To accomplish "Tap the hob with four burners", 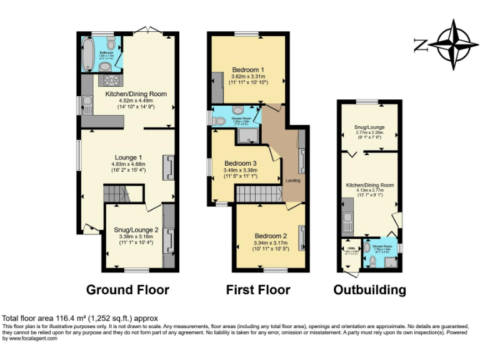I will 112,80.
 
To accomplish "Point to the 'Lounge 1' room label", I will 129,157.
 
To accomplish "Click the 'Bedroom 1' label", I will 248,69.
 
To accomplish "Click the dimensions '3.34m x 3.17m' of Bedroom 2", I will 270,242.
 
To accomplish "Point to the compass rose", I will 453,44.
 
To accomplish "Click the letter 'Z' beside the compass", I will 421,44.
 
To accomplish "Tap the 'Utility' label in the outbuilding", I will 351,248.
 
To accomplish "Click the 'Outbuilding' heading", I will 369,290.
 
